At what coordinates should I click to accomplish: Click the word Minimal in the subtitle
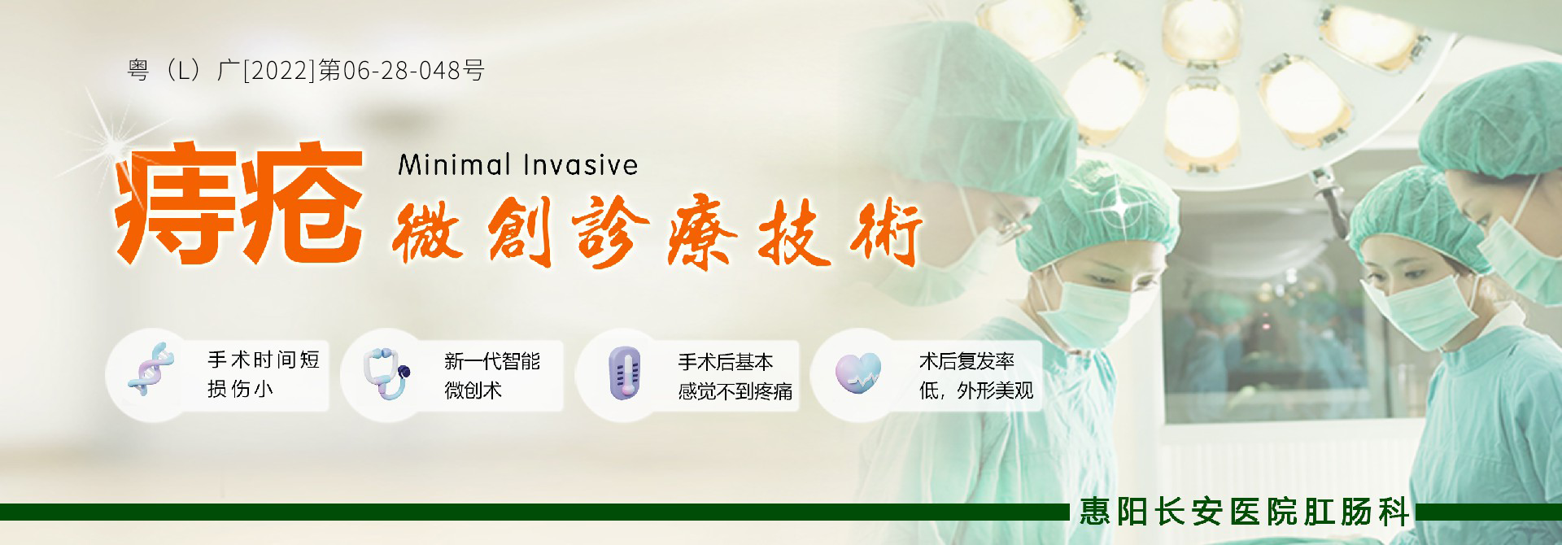[x=454, y=164]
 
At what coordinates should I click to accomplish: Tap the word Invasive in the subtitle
[x=580, y=164]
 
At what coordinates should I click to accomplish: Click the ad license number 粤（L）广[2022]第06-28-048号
[x=306, y=71]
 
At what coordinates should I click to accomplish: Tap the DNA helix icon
[x=151, y=369]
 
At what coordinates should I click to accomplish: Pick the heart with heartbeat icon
[x=857, y=373]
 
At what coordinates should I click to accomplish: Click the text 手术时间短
[x=264, y=360]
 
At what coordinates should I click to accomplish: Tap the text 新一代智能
[x=492, y=361]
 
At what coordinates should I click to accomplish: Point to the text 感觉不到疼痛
[x=735, y=391]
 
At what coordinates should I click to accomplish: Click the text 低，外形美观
[x=976, y=391]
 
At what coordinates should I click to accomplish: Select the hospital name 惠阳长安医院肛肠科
[x=1245, y=512]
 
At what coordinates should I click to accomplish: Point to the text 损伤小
[x=240, y=389]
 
